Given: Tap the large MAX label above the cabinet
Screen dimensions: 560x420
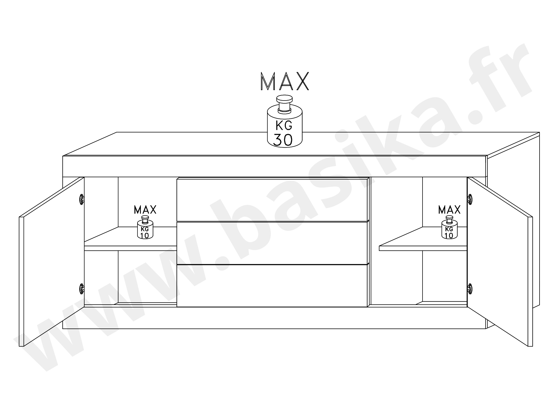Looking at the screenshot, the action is tap(284, 81).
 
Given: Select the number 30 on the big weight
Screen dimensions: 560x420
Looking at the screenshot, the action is tap(283, 140).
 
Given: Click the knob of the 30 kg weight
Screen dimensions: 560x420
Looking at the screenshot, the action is tap(284, 104).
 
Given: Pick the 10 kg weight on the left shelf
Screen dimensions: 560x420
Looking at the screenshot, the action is tap(145, 227).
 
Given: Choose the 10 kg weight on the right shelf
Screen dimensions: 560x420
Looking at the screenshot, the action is tap(449, 227).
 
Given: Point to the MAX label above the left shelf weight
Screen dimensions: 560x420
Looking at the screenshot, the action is tap(145, 210).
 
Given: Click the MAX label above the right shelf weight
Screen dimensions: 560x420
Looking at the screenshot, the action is tap(449, 210).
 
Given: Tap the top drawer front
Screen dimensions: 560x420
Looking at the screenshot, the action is tap(272, 199).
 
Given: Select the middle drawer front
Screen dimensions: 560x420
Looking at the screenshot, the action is tap(272, 243).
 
